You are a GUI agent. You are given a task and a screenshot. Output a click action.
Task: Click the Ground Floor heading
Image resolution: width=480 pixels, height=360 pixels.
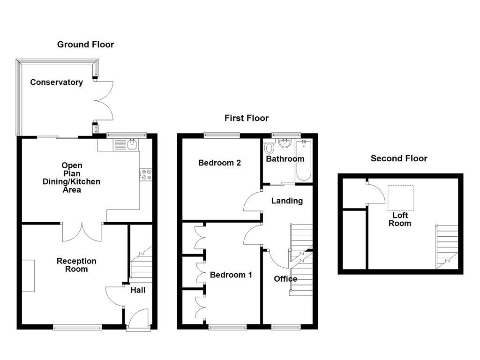point(85,45)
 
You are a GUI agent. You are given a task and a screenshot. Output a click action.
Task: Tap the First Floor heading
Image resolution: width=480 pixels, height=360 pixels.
point(247,118)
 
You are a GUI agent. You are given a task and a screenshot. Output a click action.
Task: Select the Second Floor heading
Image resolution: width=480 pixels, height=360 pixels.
point(399,158)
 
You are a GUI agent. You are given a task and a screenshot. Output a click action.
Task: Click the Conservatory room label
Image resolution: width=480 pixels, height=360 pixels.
point(57,82)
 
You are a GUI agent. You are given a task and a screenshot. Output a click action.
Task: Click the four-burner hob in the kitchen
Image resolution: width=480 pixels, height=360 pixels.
point(146,174)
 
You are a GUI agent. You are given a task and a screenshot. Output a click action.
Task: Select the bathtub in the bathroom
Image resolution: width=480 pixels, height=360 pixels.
point(304,161)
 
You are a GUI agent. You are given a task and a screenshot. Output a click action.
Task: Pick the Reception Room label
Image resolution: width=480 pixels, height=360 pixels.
point(76,265)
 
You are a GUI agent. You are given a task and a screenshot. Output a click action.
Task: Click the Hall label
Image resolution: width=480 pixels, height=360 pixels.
point(138,290)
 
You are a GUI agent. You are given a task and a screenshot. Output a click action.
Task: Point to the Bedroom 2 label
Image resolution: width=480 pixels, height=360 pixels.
point(219,163)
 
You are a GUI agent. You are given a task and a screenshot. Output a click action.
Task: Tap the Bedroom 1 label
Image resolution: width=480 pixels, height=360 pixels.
point(231,275)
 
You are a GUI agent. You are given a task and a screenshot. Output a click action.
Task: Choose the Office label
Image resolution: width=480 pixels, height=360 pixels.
point(285,279)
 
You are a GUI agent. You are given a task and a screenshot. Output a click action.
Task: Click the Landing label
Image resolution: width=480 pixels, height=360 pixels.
point(287,201)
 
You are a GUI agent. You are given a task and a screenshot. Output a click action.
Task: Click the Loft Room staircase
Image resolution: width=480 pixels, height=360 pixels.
point(447,247)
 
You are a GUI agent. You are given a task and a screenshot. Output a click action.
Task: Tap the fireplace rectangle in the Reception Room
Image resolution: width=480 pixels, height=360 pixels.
point(28,276)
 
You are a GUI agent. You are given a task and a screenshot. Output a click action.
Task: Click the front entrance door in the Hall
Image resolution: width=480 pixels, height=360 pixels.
point(139,320)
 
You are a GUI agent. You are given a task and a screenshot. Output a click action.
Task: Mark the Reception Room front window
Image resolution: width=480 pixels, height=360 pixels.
point(77,328)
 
